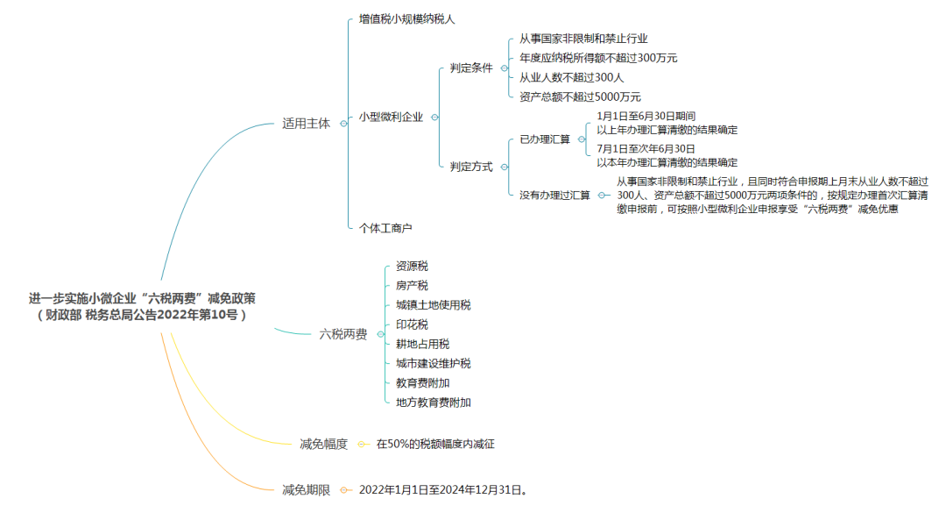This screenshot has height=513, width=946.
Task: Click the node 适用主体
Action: [306, 124]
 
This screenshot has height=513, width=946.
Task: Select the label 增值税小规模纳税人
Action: [406, 19]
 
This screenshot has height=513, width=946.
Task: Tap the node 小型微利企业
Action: [391, 117]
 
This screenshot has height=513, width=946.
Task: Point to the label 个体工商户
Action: [385, 228]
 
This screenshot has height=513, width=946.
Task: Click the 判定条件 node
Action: [471, 68]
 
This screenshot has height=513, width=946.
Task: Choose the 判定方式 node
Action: [471, 166]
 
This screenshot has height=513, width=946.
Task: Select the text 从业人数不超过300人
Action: [571, 77]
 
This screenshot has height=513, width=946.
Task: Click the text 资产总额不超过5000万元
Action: [580, 96]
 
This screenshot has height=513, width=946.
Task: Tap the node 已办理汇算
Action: [545, 139]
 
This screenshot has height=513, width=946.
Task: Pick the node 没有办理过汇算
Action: [554, 196]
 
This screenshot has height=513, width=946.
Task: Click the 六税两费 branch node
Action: [342, 334]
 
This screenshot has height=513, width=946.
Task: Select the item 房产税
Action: [412, 285]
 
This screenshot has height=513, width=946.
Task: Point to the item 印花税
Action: [412, 324]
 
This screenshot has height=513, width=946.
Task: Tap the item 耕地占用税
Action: [422, 344]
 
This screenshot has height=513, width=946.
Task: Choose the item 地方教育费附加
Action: [434, 403]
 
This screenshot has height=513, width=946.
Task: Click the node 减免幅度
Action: [323, 444]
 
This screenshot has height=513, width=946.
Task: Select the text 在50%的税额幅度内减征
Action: [435, 444]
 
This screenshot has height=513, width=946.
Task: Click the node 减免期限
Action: [306, 490]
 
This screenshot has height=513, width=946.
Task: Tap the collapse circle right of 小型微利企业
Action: [434, 118]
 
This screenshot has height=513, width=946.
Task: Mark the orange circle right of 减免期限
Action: [343, 490]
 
